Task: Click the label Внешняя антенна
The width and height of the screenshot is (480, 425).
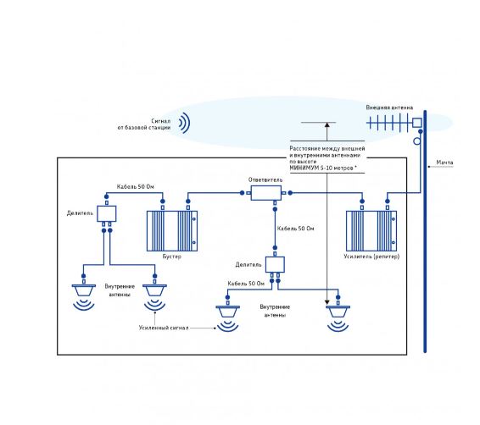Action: (x=389, y=108)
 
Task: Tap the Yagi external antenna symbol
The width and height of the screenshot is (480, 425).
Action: (x=394, y=123)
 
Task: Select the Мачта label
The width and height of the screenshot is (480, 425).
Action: (x=444, y=163)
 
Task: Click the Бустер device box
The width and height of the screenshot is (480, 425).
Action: (x=172, y=231)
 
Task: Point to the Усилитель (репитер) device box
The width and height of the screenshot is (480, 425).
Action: (x=371, y=231)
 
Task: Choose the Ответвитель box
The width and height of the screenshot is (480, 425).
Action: (x=266, y=193)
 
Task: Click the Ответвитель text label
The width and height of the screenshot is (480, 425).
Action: (x=265, y=179)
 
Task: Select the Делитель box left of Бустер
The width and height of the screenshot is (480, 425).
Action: (x=107, y=213)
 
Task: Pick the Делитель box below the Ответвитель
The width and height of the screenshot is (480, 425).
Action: (x=275, y=265)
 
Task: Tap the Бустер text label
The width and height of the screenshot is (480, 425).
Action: (x=172, y=257)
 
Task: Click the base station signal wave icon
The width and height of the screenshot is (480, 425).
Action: (x=185, y=123)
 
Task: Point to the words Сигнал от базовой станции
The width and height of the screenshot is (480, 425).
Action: (x=144, y=124)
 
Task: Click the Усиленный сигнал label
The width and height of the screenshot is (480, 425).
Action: (x=164, y=328)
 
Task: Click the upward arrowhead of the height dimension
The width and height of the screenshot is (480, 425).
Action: (x=327, y=124)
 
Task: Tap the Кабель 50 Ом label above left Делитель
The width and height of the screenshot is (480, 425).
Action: (x=136, y=186)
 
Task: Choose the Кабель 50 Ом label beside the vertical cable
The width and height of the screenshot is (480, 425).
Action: (x=295, y=229)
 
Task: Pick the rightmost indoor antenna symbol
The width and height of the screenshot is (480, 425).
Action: (x=338, y=318)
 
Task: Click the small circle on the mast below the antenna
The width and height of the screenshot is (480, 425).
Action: (x=417, y=141)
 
